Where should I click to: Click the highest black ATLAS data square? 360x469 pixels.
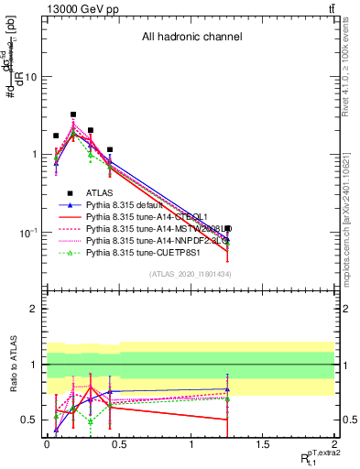tap(73, 115)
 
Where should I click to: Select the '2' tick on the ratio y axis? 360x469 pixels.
tap(33, 310)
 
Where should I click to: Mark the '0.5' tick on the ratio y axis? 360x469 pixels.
tap(29, 420)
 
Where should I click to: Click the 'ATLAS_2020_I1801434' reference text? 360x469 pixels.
tap(191, 275)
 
